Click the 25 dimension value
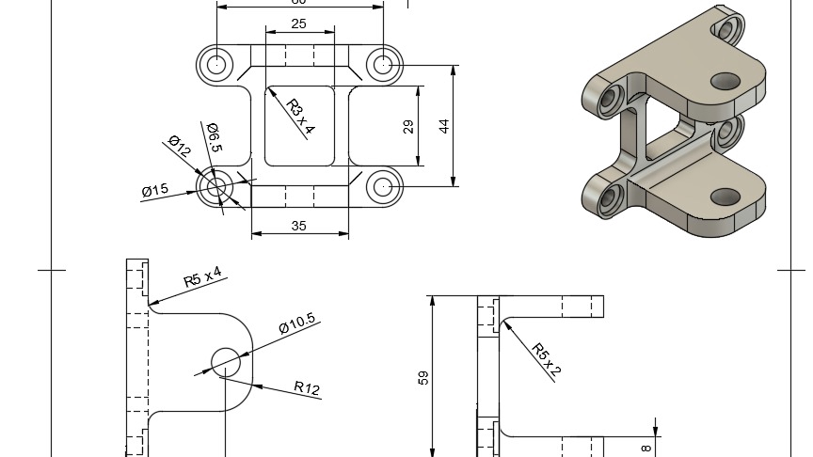coord(298,24)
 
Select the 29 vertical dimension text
coord(408,126)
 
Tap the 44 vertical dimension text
coord(443,126)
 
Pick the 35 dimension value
coord(298,226)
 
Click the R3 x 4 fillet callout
coord(299,118)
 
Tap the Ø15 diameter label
coord(155,190)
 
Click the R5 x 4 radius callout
coord(202,277)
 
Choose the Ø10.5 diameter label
coord(296,325)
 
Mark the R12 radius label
coord(307,386)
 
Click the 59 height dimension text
coord(422,377)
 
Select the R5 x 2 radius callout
coord(546,360)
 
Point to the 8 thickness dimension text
coord(646,448)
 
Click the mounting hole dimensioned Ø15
coord(216,186)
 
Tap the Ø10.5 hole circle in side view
coord(226,360)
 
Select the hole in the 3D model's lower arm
coord(725,197)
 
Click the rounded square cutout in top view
coord(299,125)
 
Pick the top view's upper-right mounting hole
coord(382,65)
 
